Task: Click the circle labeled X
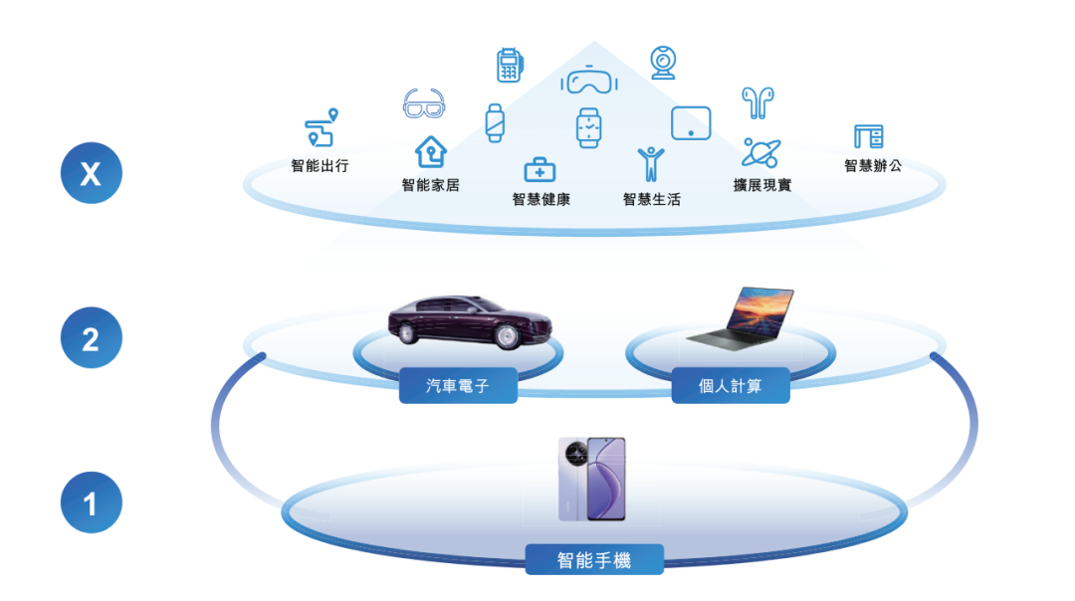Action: point(91,175)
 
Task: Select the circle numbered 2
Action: point(91,339)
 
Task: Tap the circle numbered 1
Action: point(91,503)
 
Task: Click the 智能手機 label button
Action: point(594,559)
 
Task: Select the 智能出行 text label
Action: point(320,166)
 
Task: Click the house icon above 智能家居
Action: point(431,152)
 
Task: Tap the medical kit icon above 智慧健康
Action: point(539,169)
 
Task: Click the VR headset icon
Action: point(589,80)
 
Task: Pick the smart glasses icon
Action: point(424,103)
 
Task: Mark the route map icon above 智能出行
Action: point(321,129)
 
